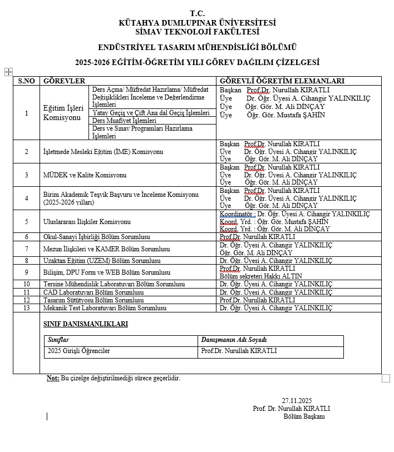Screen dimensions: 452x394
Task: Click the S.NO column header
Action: point(26,81)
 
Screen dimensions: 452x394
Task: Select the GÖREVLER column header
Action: point(64,81)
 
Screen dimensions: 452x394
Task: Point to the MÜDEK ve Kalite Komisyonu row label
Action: point(85,175)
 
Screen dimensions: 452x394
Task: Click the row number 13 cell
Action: point(26,308)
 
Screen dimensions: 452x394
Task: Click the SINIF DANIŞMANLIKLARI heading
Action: point(86,324)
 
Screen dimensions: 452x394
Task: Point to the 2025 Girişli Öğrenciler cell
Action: point(79,351)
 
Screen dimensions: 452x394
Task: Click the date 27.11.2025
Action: point(297,401)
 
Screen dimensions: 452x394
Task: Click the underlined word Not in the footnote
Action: point(53,379)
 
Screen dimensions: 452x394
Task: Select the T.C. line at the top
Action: point(197,13)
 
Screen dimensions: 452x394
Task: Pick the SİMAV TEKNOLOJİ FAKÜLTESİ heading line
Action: point(197,31)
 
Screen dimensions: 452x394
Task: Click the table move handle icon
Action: point(8,72)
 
